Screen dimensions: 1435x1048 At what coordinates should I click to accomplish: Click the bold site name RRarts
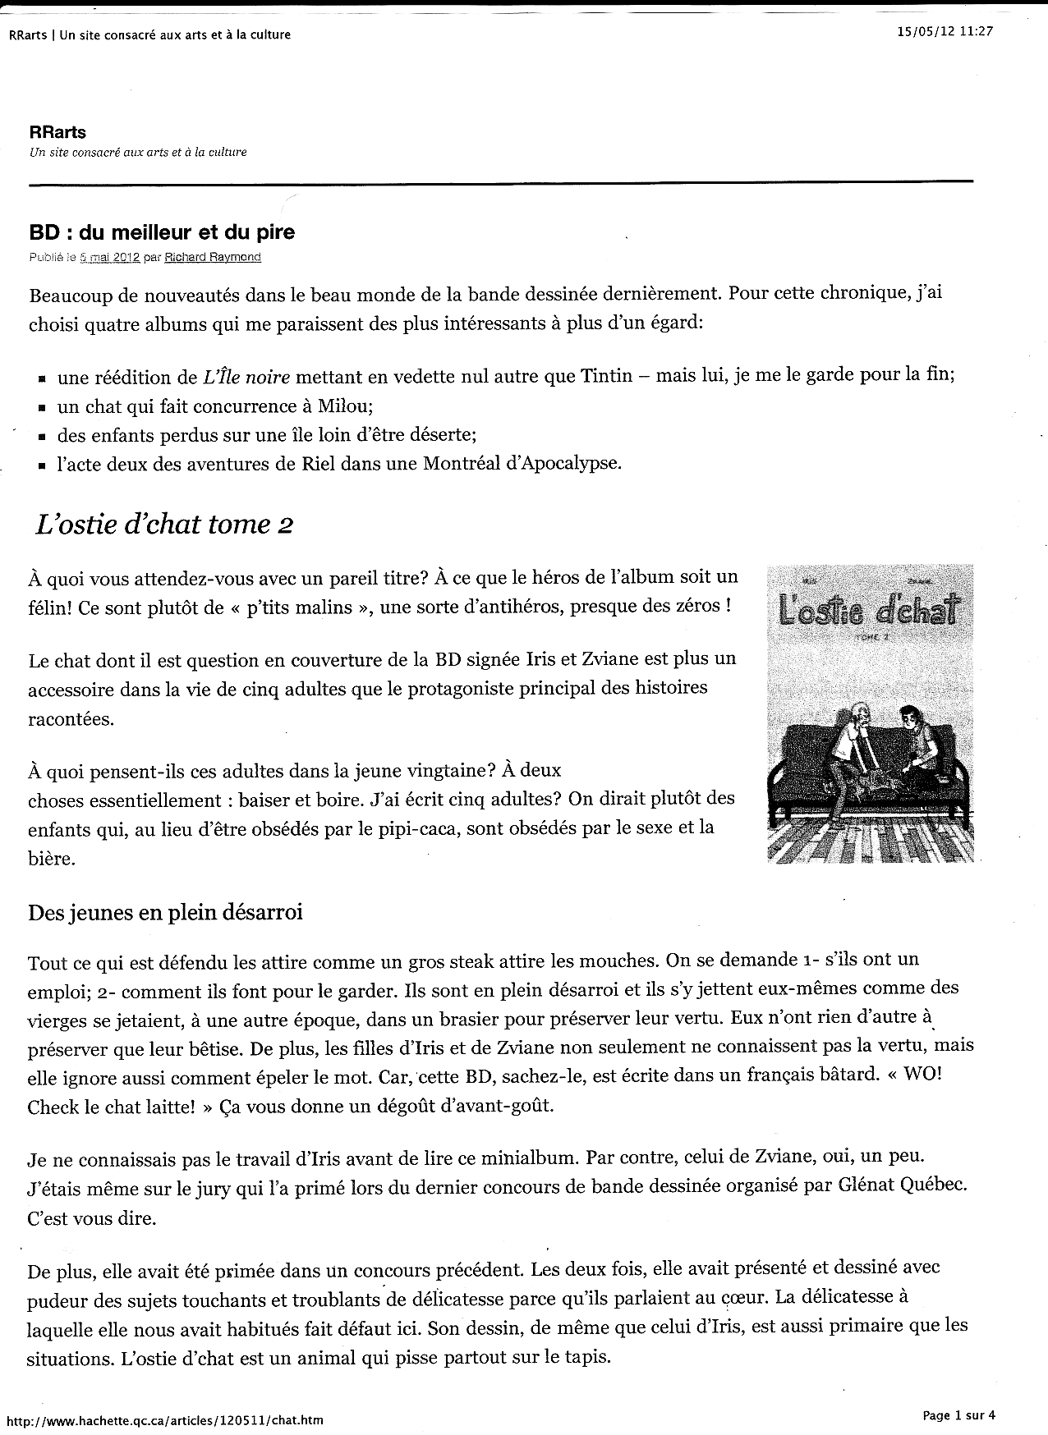(57, 132)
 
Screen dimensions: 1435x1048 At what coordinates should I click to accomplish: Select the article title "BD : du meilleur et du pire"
(162, 232)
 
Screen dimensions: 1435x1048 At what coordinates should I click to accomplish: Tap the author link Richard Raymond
(213, 257)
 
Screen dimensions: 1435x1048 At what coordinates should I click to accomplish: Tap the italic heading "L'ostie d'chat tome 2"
(165, 524)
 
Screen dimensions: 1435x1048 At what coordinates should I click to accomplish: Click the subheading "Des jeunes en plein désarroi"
(165, 912)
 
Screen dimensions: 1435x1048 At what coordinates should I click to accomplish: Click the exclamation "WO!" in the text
(922, 1074)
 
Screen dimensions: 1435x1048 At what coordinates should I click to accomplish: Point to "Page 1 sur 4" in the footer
(959, 1414)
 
